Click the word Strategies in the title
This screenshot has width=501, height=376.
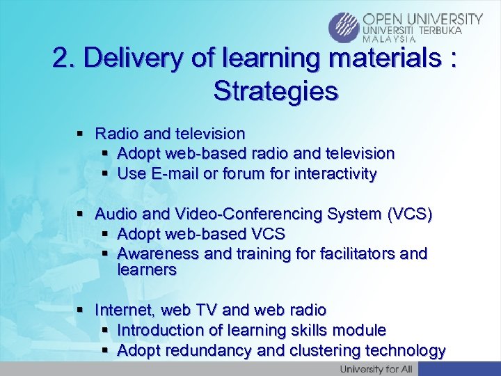point(276,91)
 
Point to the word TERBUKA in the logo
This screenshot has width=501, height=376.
point(439,31)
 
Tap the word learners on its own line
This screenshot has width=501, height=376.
point(147,269)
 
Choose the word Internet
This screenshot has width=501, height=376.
point(124,309)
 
